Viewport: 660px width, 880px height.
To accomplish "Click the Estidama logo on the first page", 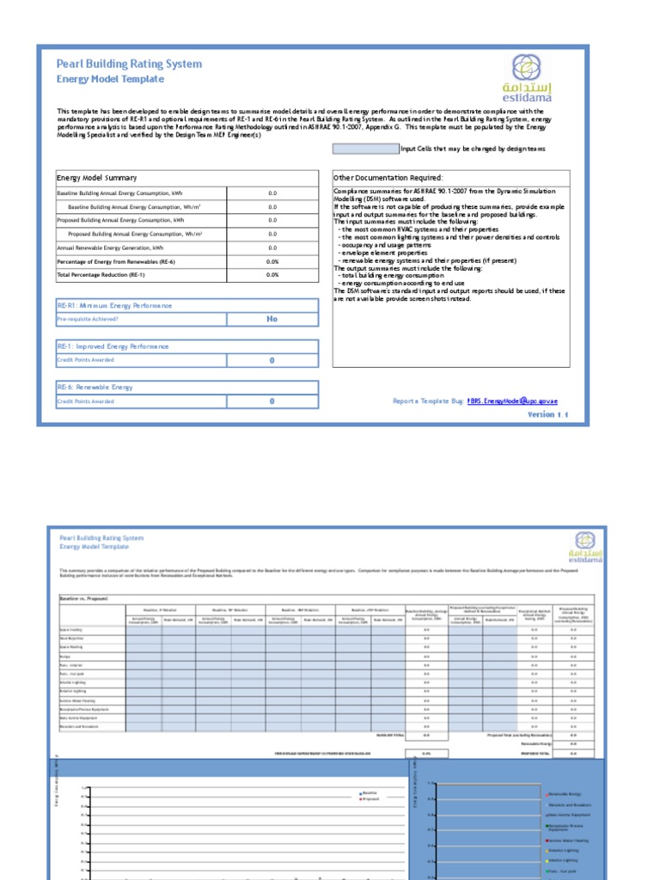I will (x=528, y=78).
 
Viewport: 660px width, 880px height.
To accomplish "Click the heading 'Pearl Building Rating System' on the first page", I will (x=129, y=64).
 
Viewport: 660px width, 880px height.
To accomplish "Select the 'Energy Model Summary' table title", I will (x=91, y=177).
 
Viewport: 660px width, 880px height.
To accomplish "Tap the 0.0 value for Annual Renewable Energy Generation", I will (x=272, y=247).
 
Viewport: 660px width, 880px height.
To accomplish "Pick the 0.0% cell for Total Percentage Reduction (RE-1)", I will (x=272, y=274).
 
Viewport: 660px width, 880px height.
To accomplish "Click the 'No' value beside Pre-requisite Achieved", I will (x=272, y=319).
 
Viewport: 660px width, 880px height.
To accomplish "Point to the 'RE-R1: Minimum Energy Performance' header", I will (x=114, y=306).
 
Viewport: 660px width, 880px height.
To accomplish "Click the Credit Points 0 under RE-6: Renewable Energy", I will (x=272, y=401).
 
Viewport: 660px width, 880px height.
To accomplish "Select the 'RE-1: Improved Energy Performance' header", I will (x=113, y=346).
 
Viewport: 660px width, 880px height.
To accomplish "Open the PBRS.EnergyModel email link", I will (x=517, y=401).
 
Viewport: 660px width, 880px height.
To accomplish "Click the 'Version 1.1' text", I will (x=547, y=414).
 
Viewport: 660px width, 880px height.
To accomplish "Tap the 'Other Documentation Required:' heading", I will (x=388, y=177).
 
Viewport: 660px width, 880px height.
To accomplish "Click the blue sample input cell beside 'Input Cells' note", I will (x=365, y=149).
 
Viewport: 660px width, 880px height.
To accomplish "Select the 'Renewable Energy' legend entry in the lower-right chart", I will (x=568, y=795).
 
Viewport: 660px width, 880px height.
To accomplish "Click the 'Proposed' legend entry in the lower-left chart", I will (x=372, y=799).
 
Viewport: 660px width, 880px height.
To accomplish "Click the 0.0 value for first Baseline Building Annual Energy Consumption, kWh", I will (x=272, y=193).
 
